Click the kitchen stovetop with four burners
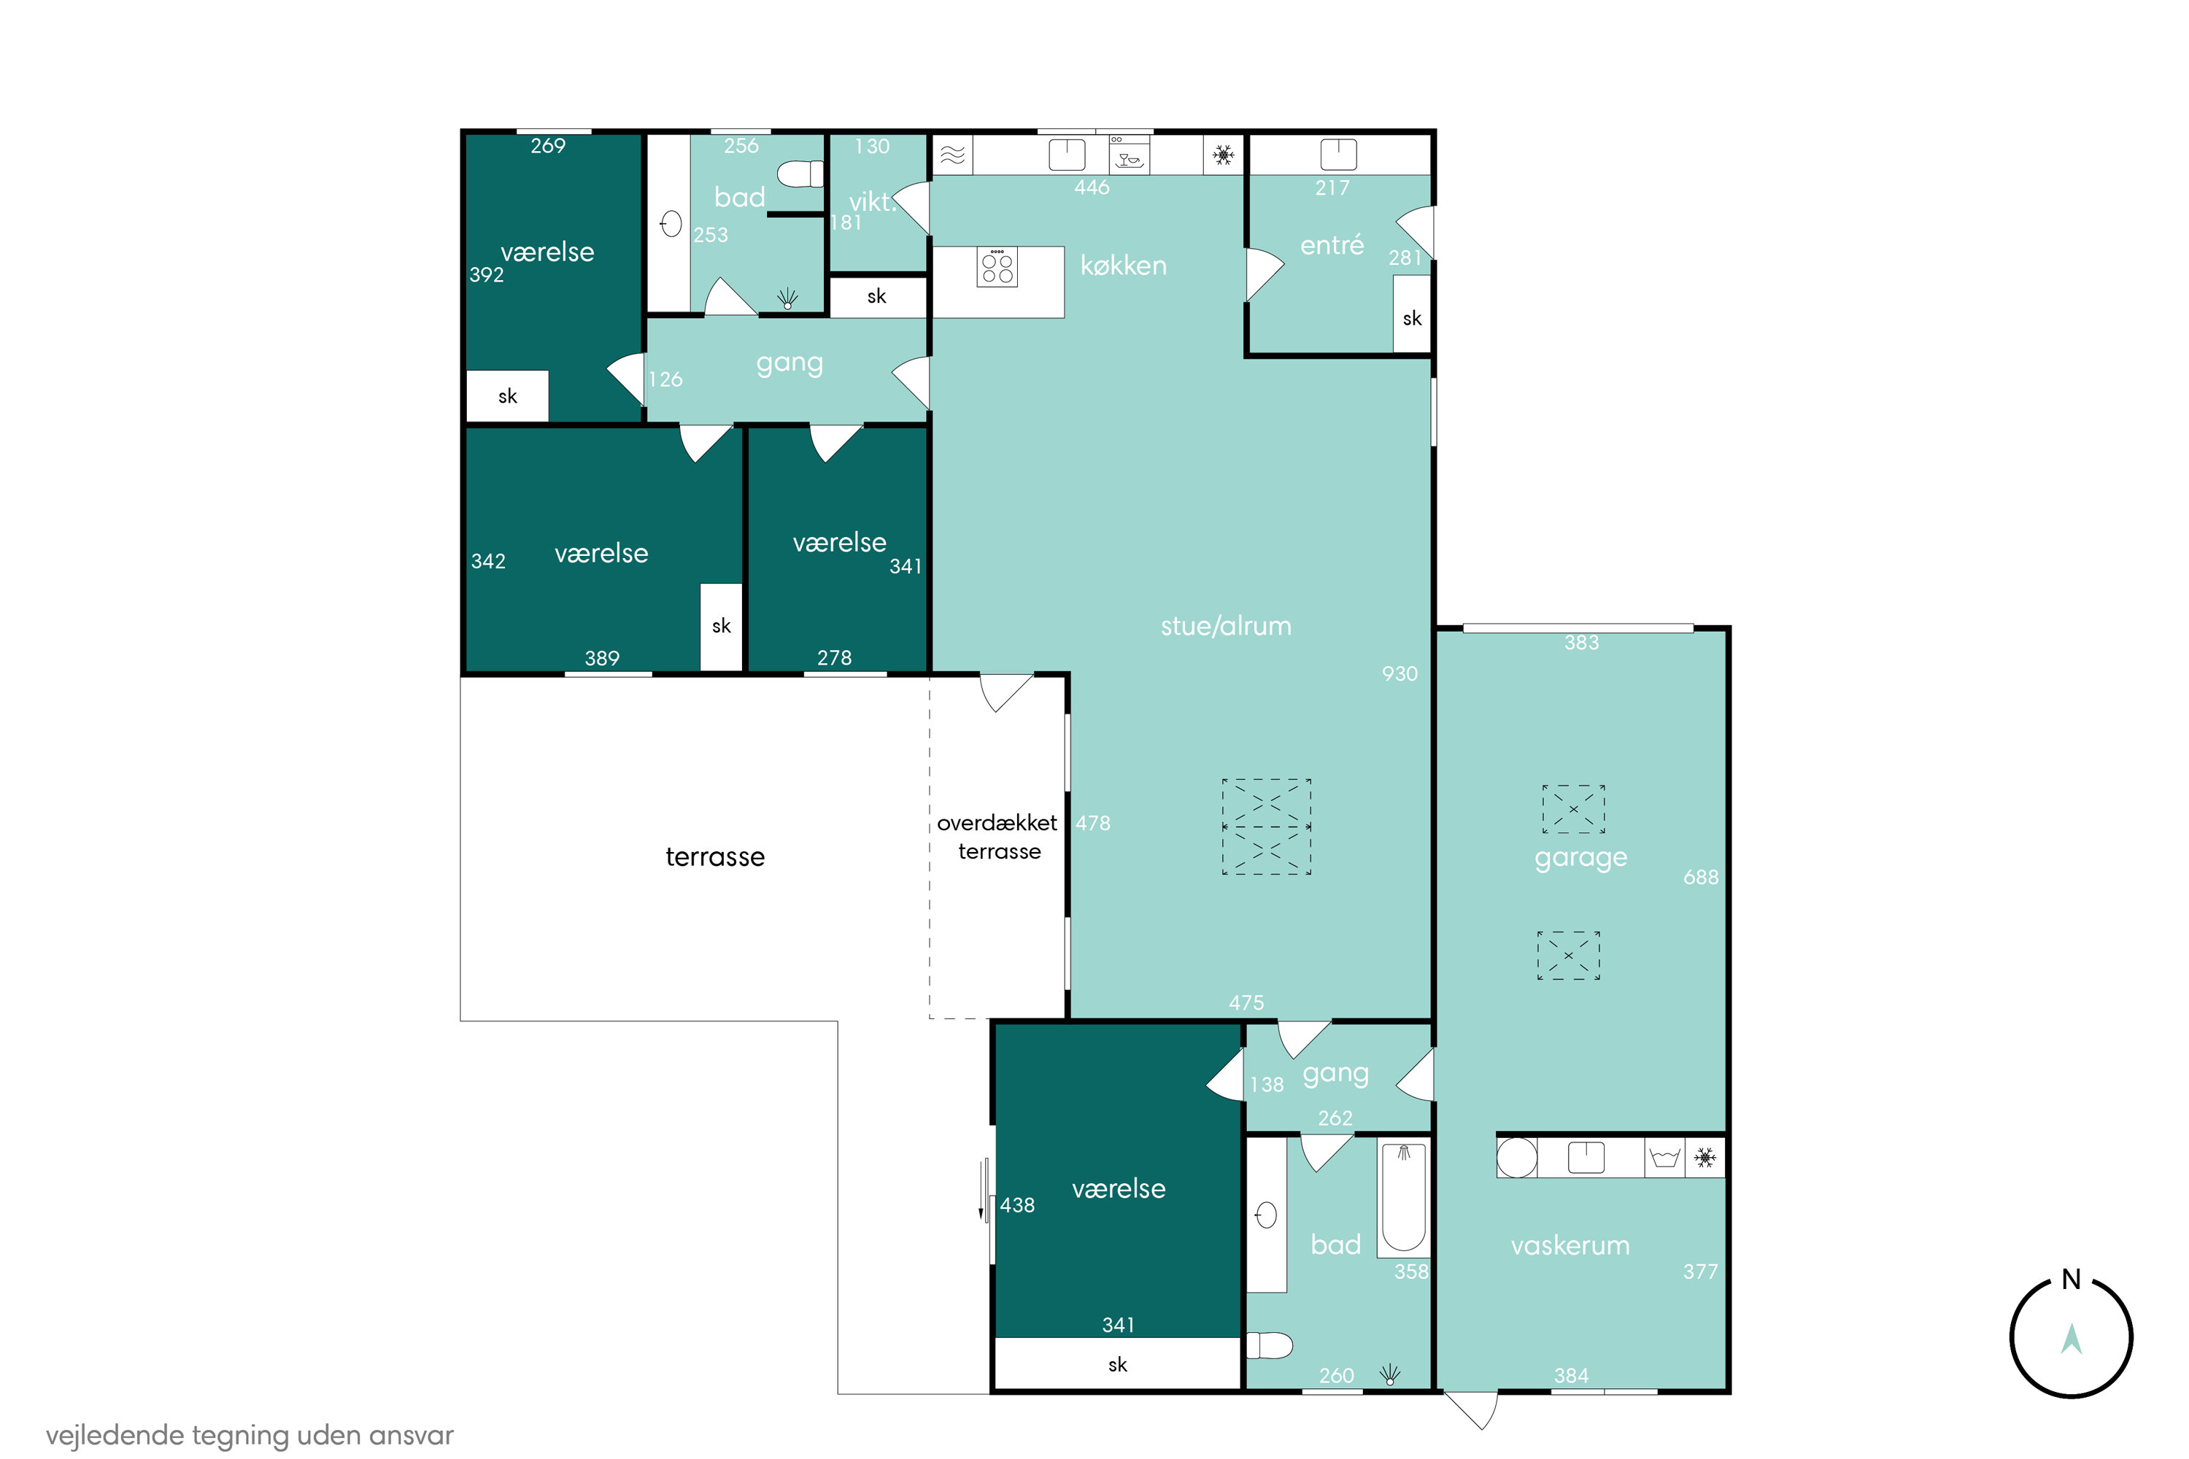[997, 267]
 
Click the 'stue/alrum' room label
[1226, 626]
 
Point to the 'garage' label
[1580, 857]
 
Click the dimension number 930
[1400, 673]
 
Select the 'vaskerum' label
[1570, 1245]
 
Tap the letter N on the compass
[2071, 1280]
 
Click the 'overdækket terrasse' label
[997, 837]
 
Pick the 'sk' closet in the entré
[1412, 314]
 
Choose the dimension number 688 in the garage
[1700, 878]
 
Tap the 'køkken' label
[1124, 266]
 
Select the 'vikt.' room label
[871, 201]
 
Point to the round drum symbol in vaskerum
[1517, 1158]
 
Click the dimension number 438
[1017, 1205]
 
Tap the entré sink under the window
[1338, 155]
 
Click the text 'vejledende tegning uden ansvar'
[250, 1436]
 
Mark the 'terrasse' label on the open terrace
[715, 857]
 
